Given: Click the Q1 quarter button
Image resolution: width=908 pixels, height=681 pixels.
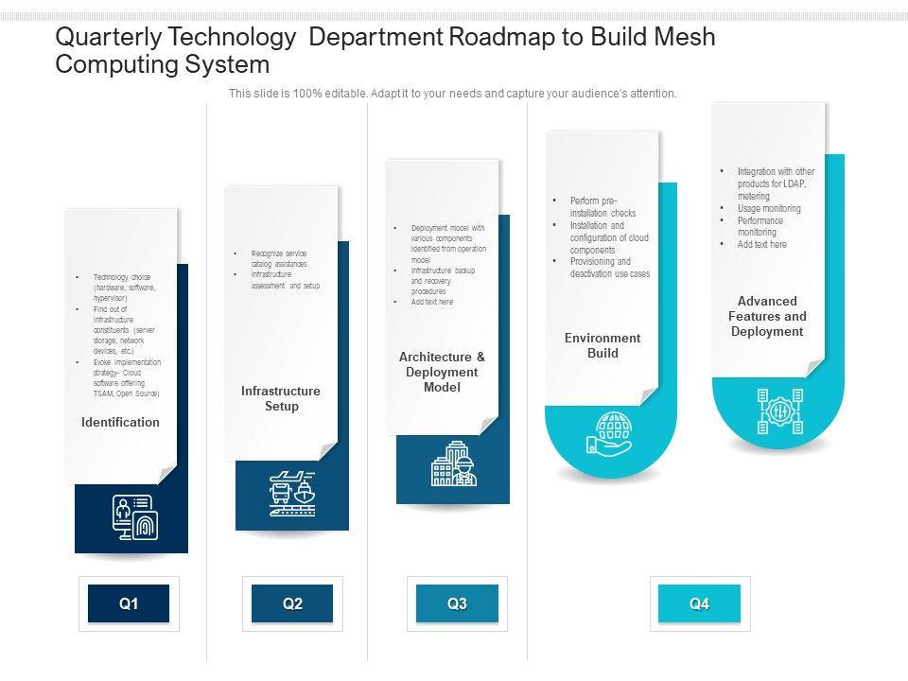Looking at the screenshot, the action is (129, 603).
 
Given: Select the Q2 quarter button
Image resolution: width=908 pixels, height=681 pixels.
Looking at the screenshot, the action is (292, 603).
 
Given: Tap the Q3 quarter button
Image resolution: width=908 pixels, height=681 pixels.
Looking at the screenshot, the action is (458, 603).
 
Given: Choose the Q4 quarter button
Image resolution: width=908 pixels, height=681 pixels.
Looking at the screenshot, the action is (699, 603).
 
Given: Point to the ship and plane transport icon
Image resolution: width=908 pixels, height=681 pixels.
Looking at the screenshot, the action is (291, 494).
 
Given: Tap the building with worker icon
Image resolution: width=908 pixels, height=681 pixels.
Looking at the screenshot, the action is (454, 463).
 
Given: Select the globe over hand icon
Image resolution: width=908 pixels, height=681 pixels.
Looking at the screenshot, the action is (610, 432).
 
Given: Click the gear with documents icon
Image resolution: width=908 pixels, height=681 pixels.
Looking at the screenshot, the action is (779, 411).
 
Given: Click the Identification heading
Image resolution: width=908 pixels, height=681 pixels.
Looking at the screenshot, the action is (120, 422).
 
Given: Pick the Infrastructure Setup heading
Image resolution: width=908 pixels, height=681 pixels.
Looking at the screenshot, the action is (281, 398).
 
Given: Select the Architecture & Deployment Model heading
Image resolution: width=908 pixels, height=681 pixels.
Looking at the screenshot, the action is (442, 372).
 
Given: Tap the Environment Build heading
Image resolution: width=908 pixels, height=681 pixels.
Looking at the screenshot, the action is (602, 345).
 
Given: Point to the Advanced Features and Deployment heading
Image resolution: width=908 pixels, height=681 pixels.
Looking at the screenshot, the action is (767, 316).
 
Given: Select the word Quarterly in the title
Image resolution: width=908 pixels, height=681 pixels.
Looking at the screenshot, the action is (105, 38).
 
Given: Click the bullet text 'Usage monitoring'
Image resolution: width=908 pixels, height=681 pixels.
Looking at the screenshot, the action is (769, 208).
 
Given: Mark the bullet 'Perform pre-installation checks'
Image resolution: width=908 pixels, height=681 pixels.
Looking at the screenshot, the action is (602, 207).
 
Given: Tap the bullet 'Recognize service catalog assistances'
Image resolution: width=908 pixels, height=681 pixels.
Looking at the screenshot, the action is (279, 259).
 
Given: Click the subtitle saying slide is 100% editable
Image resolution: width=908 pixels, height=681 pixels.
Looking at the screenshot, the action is (453, 94).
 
